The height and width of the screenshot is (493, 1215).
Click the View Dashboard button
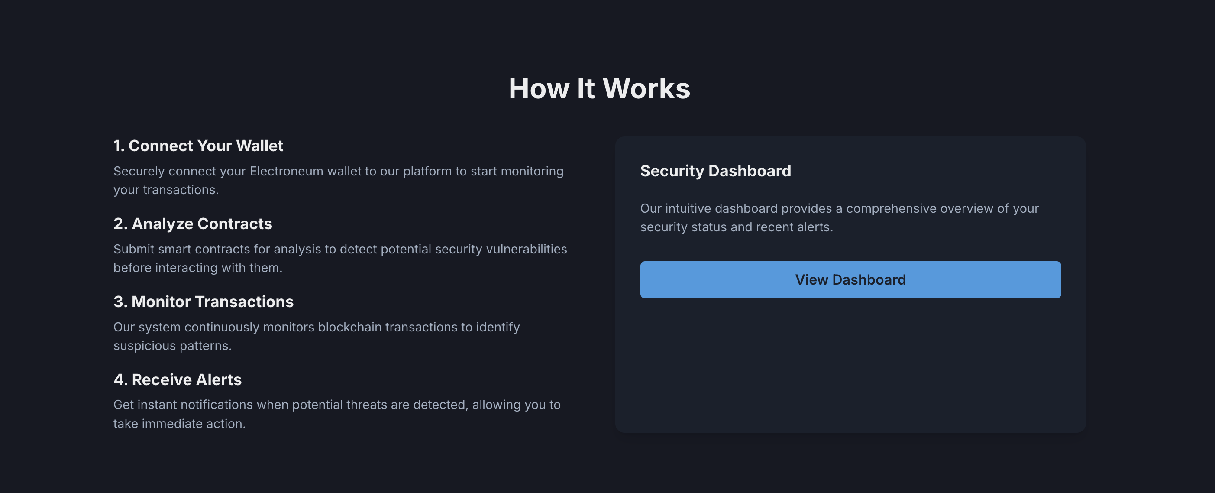(x=850, y=280)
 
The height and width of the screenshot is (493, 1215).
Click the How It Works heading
(x=599, y=89)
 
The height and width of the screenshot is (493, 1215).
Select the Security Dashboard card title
(x=715, y=171)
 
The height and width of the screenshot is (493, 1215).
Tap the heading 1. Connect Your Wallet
(x=198, y=146)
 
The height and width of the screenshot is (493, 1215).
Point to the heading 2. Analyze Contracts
(x=192, y=224)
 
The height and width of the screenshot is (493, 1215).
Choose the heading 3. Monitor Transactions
(x=203, y=302)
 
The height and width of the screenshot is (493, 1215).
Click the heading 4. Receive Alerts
(x=178, y=379)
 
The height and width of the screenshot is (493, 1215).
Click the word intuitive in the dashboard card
(x=688, y=208)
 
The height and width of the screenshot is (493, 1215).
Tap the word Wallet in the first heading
(x=259, y=146)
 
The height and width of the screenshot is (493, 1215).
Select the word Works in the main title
(x=646, y=89)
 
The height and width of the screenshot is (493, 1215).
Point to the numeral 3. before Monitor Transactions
(x=120, y=302)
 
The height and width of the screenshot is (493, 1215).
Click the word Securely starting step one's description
(x=139, y=171)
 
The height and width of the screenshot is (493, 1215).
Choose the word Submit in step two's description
(x=134, y=249)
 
